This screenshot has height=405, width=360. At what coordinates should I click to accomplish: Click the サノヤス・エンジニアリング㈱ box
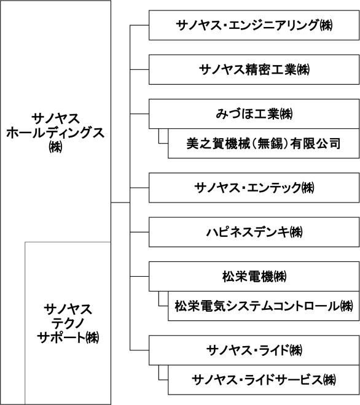(254, 25)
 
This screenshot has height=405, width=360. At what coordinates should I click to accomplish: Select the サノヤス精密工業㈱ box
(254, 69)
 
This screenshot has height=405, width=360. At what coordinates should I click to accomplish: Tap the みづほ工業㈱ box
(254, 114)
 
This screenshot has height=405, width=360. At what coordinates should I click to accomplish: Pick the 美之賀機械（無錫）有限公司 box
(264, 144)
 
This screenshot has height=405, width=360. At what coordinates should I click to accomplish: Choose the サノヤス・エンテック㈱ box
(254, 188)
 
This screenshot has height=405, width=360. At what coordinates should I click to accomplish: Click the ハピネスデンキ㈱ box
(254, 232)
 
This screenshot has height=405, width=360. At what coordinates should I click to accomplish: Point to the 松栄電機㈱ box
(254, 276)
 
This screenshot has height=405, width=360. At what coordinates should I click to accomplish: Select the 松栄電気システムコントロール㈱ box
(264, 306)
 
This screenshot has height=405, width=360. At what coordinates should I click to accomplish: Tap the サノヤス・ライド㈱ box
(254, 350)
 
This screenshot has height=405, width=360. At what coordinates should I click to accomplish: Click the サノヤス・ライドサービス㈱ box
(264, 380)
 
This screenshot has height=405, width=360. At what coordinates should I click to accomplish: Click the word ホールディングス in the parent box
(55, 133)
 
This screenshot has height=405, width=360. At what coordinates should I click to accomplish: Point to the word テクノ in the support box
(68, 323)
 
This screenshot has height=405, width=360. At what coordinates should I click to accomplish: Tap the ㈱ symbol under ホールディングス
(56, 147)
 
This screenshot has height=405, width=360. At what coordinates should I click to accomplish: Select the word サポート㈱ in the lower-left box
(68, 337)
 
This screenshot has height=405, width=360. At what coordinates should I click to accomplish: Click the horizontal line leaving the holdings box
(120, 202)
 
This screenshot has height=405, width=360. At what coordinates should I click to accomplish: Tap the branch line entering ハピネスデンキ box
(139, 232)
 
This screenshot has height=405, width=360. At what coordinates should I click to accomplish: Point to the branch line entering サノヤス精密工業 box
(139, 69)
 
